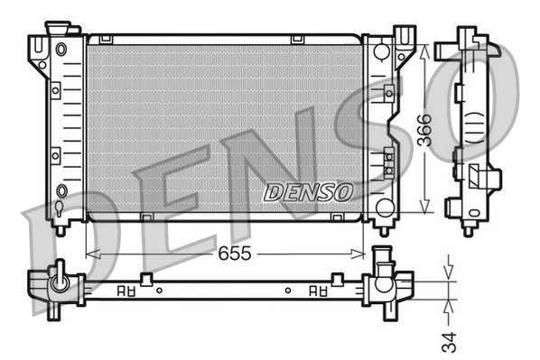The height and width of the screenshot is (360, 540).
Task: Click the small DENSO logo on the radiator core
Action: pos(308,192)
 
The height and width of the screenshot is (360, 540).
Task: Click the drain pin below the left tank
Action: pos(61,228)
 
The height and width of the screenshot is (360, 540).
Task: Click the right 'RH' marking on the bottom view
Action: pos(317,291)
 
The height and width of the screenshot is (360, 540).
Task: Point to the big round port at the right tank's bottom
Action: pos(386,208)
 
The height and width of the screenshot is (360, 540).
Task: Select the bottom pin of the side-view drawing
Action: pos(469,227)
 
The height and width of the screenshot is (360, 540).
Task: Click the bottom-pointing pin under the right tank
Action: pos(383,230)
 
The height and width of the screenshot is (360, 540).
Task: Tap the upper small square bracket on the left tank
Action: pos(57,91)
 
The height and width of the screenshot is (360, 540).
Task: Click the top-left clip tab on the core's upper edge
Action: pos(106,39)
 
